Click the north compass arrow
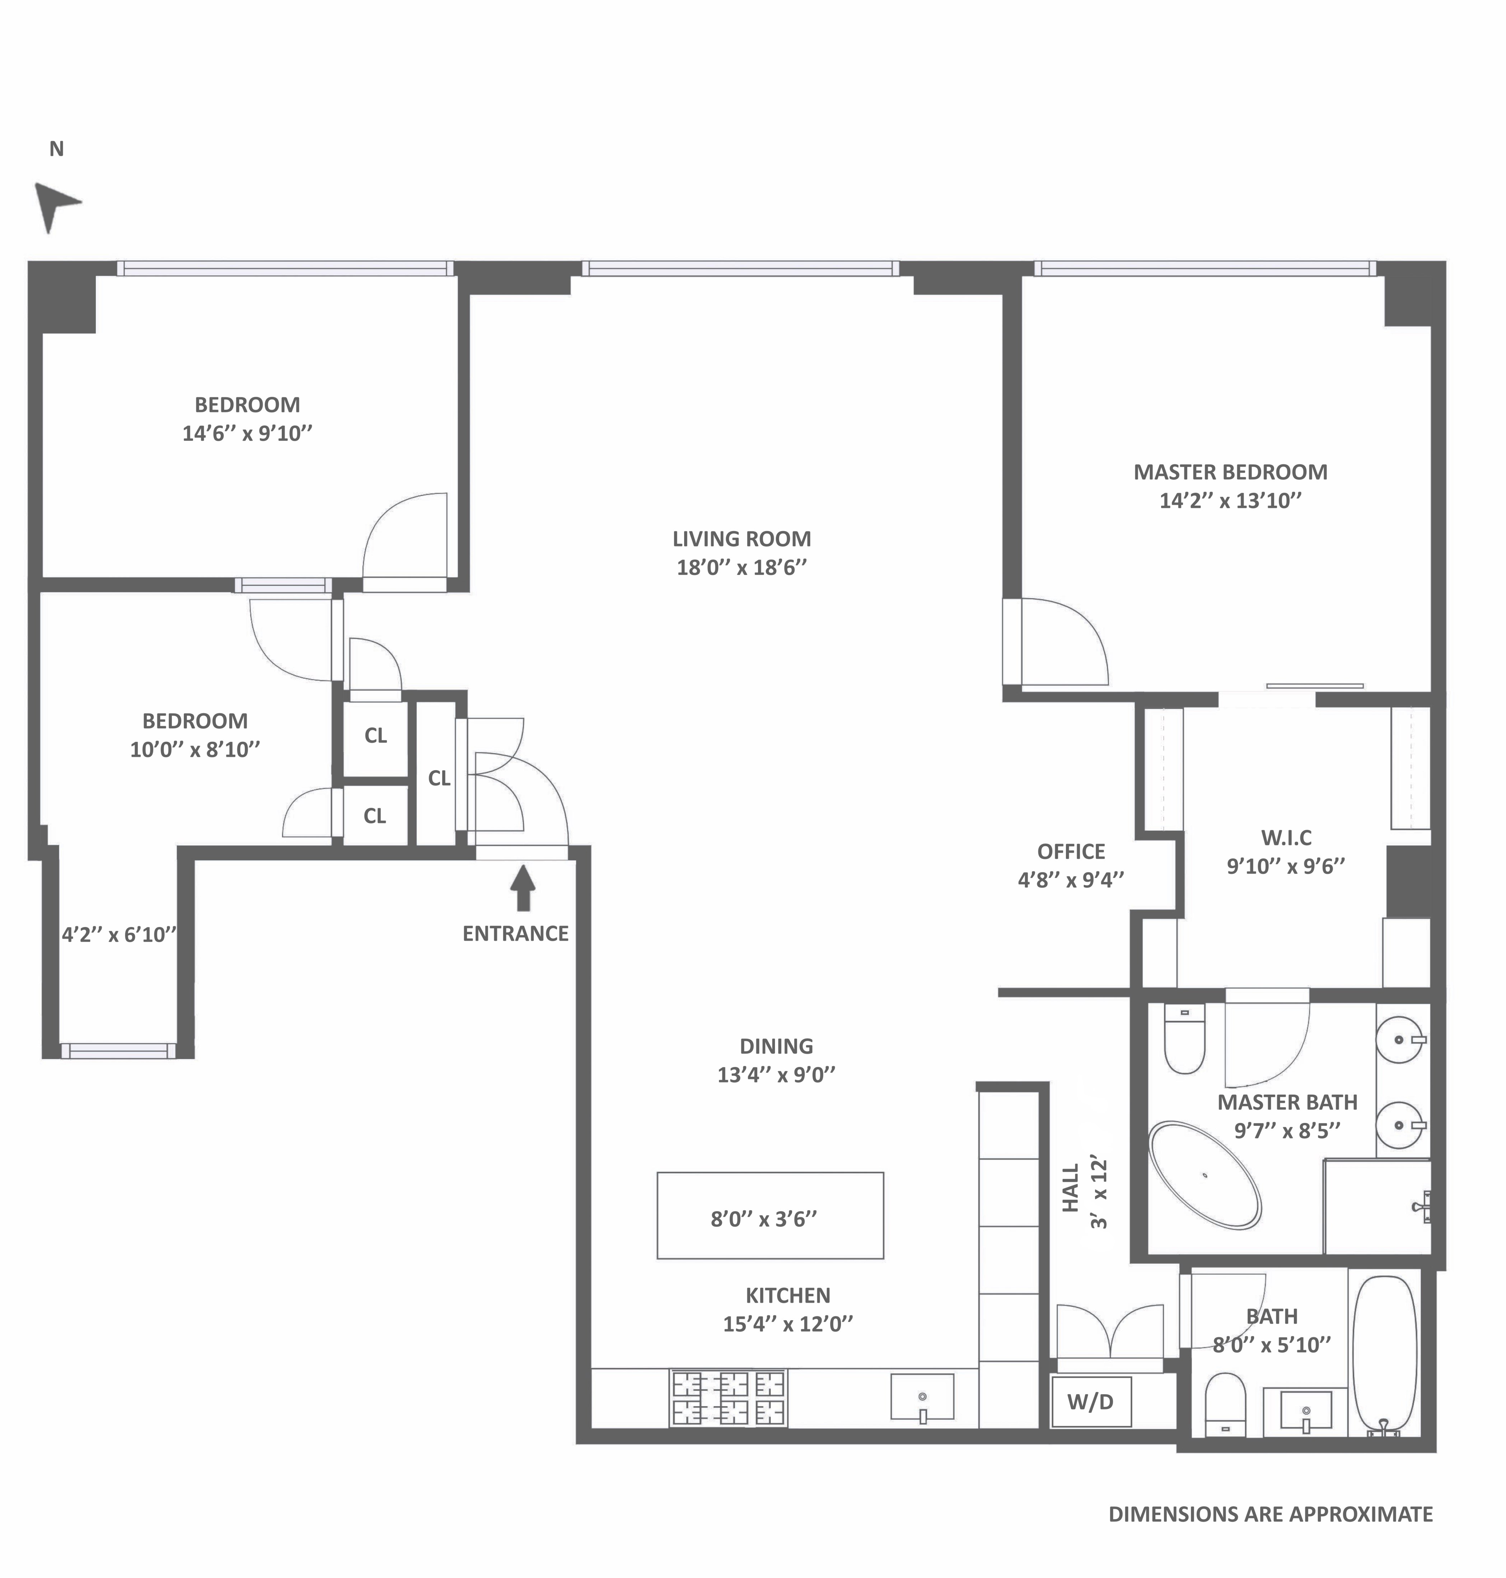tap(55, 206)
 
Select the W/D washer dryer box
tap(1091, 1401)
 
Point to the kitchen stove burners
tap(728, 1397)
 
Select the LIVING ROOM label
tap(741, 539)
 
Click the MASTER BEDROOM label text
tap(1230, 472)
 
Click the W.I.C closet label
tap(1286, 837)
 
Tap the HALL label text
tap(1071, 1188)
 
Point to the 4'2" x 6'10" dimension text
tap(119, 934)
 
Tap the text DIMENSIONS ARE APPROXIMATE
tap(1270, 1514)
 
